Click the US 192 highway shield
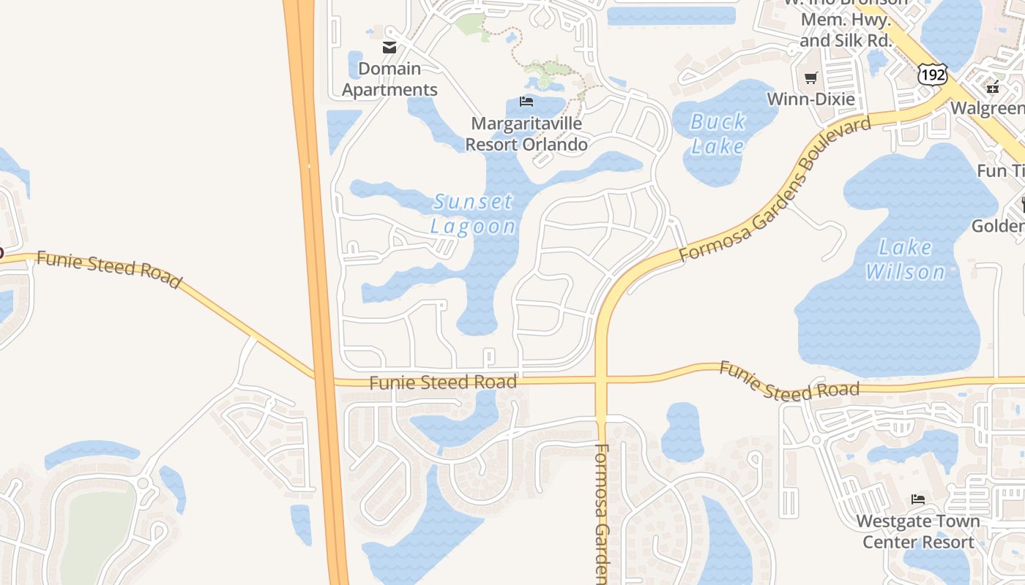click(x=933, y=74)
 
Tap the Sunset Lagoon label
click(x=473, y=214)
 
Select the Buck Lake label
click(x=717, y=134)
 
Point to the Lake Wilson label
click(x=905, y=260)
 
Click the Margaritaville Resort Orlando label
click(x=526, y=134)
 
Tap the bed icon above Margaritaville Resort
click(x=526, y=101)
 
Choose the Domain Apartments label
click(x=389, y=79)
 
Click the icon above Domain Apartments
click(x=389, y=48)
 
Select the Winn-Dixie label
click(x=810, y=98)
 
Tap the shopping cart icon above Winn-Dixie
click(x=810, y=78)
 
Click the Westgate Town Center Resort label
click(x=918, y=532)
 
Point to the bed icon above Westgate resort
click(x=918, y=499)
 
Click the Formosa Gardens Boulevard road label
click(x=775, y=189)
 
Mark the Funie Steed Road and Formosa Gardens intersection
click(x=601, y=380)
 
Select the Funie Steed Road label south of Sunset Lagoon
click(x=443, y=382)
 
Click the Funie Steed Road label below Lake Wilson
click(x=789, y=381)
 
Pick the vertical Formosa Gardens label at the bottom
click(x=602, y=512)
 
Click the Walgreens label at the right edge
click(x=988, y=108)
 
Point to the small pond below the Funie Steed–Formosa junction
click(x=682, y=433)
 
